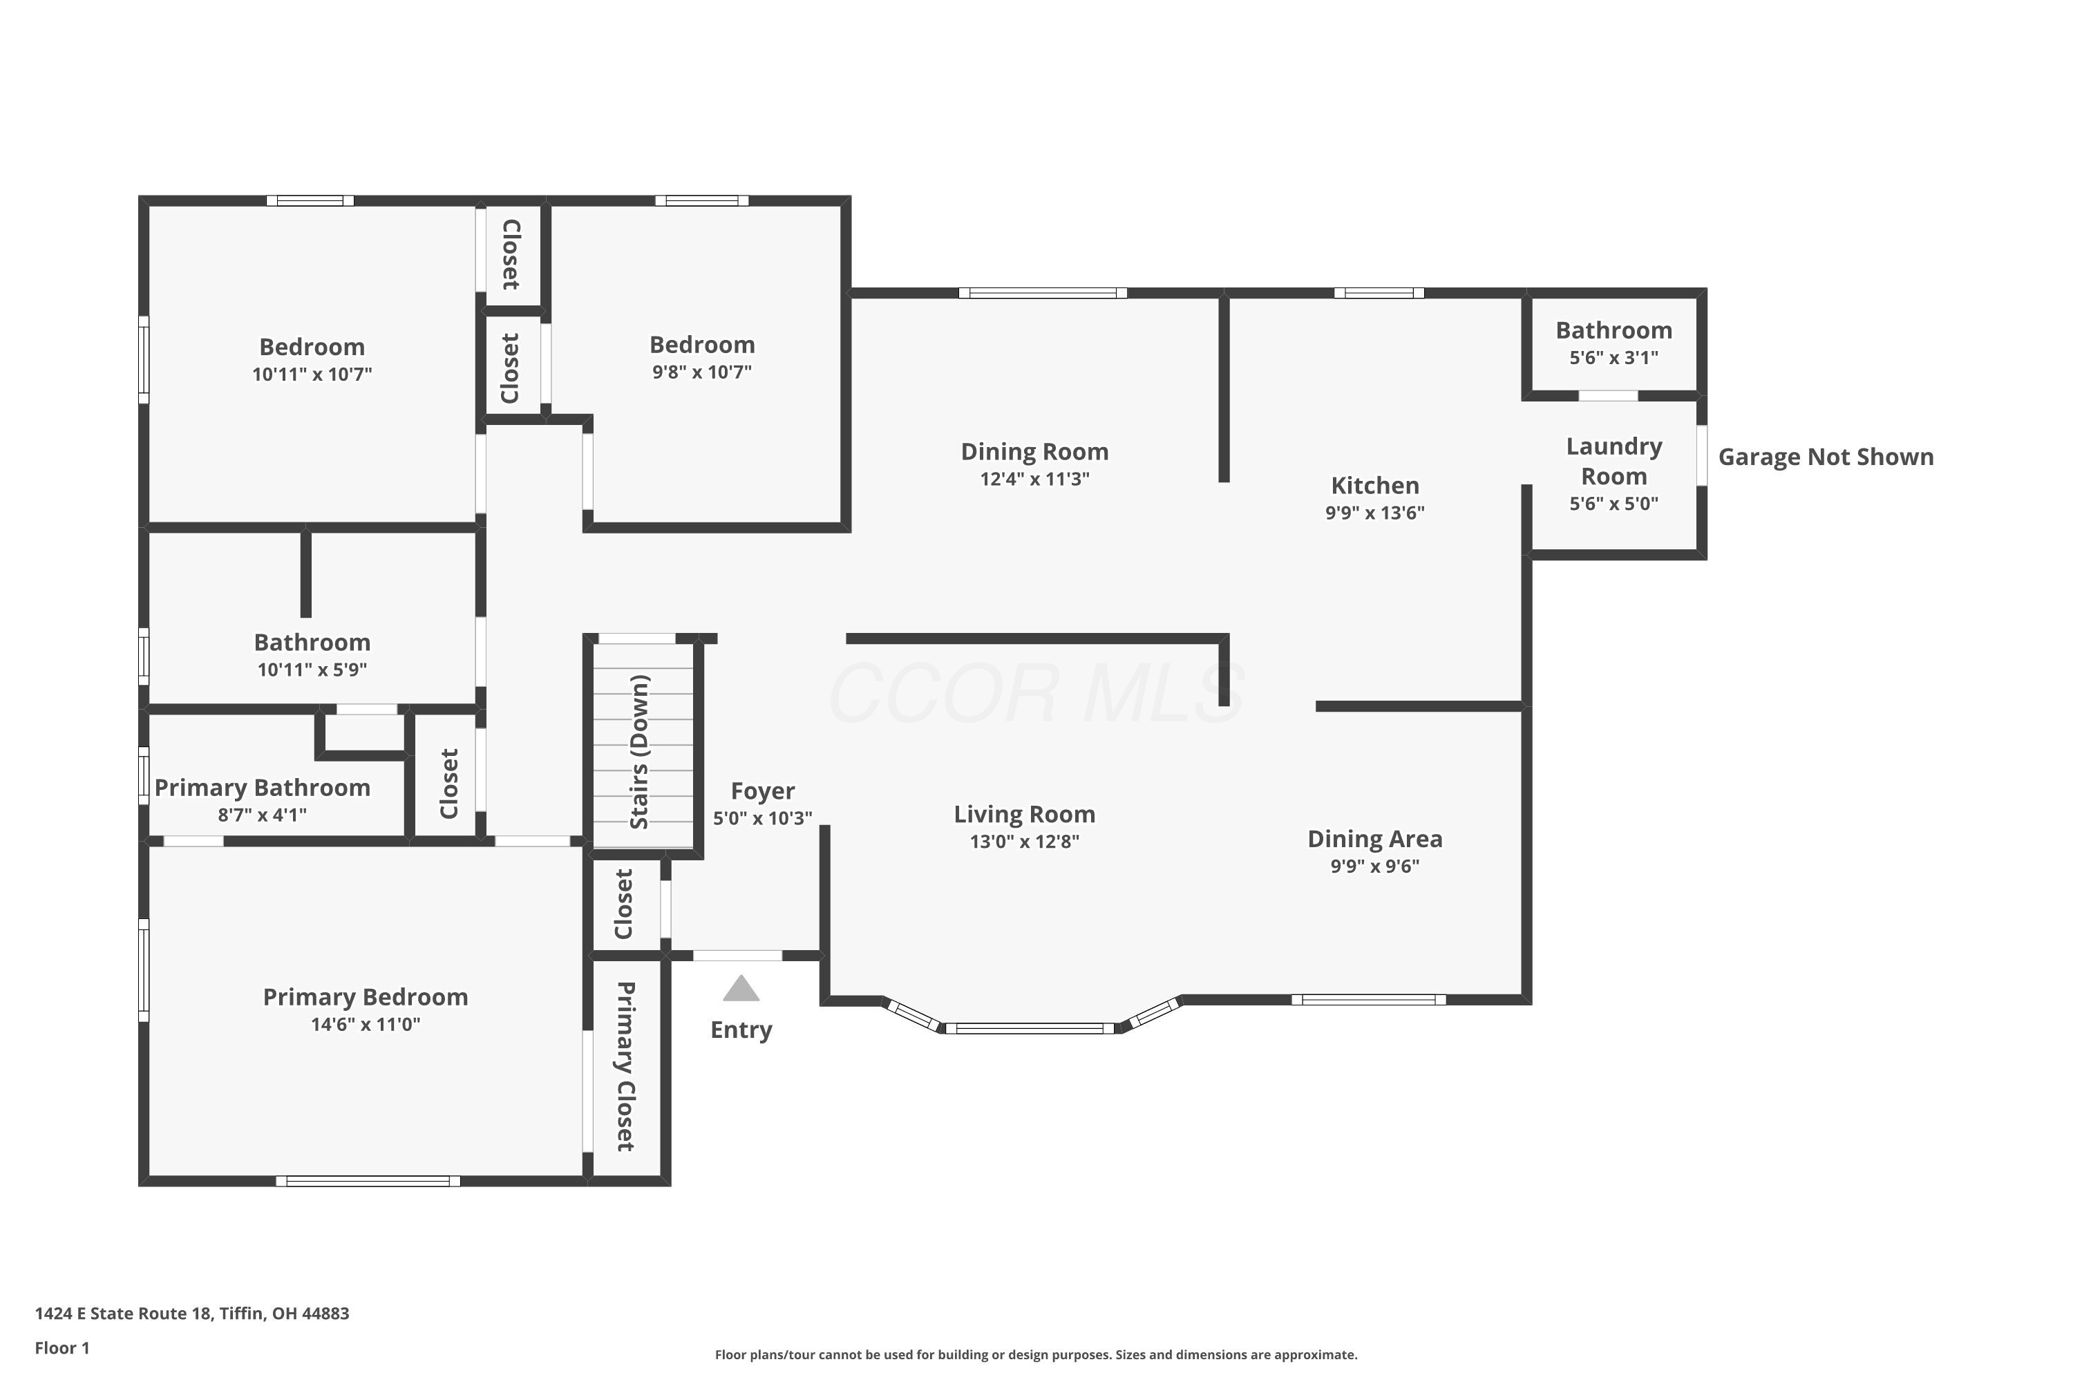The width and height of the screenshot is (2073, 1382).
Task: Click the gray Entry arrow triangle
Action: point(741,989)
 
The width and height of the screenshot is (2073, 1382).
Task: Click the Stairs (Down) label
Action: point(640,752)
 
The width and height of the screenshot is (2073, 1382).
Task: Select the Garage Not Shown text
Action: point(1826,457)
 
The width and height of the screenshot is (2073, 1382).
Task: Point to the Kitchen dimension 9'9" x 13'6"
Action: point(1375,513)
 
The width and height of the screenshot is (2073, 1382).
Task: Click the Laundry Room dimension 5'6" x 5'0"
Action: point(1613,503)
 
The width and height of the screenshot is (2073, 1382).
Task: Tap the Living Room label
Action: point(1024,815)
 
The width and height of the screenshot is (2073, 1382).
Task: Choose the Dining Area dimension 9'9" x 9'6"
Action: point(1375,866)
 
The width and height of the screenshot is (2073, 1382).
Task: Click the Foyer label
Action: point(762,791)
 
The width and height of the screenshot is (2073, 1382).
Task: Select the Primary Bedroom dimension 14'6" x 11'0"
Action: point(366,1024)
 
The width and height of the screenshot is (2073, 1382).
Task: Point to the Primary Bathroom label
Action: point(263,788)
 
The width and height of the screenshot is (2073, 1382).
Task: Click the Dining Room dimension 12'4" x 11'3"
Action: point(1034,479)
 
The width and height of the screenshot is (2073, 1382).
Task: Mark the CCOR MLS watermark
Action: point(1036,694)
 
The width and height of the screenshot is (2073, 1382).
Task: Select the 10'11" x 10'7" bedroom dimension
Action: point(312,374)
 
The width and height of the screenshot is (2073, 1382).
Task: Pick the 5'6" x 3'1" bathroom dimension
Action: point(1613,358)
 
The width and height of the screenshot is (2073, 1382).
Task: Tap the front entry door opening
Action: point(738,956)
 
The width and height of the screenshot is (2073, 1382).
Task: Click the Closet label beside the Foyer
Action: point(624,905)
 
